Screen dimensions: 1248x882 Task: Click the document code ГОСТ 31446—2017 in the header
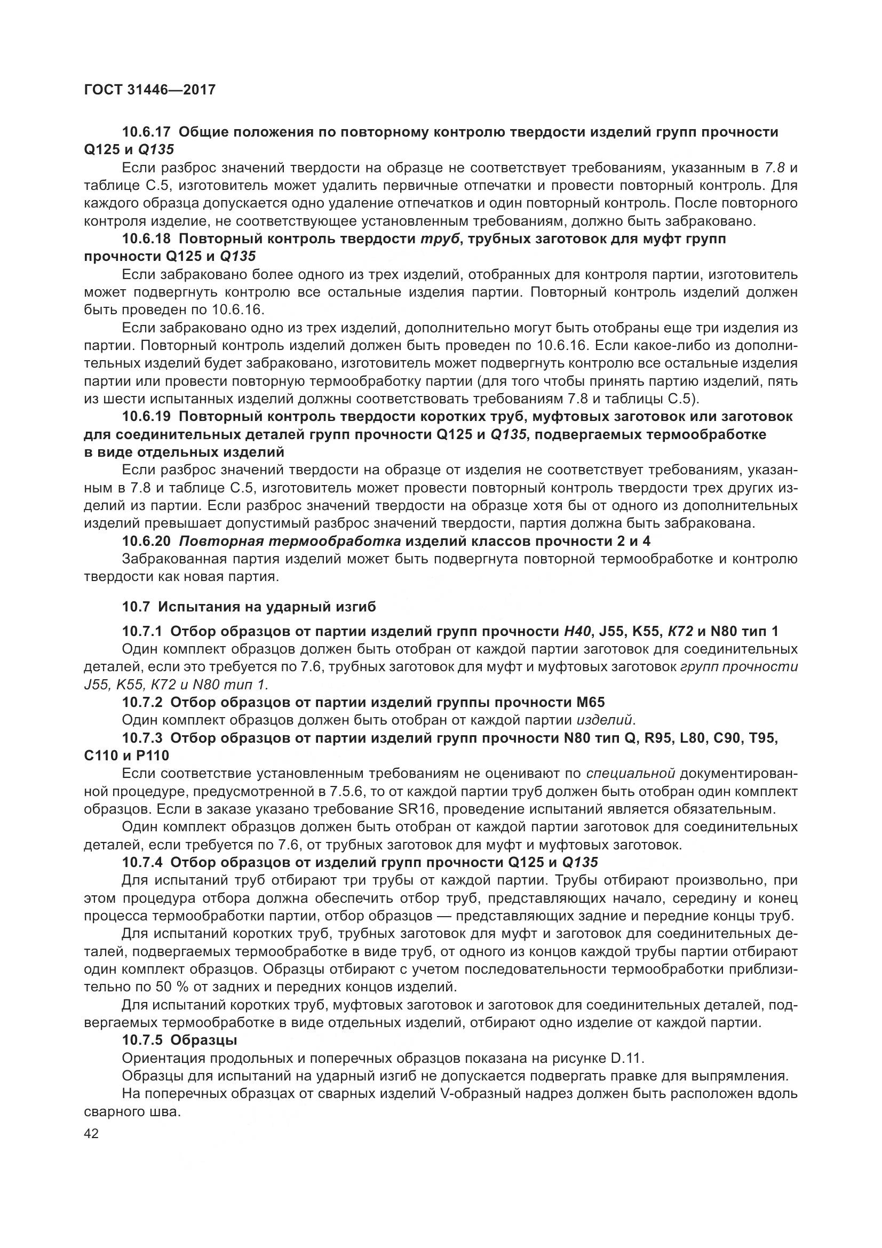pos(150,89)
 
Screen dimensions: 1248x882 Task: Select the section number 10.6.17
pos(146,132)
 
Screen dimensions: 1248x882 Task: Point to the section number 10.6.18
pos(146,239)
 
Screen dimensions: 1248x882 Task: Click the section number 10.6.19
pos(146,416)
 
